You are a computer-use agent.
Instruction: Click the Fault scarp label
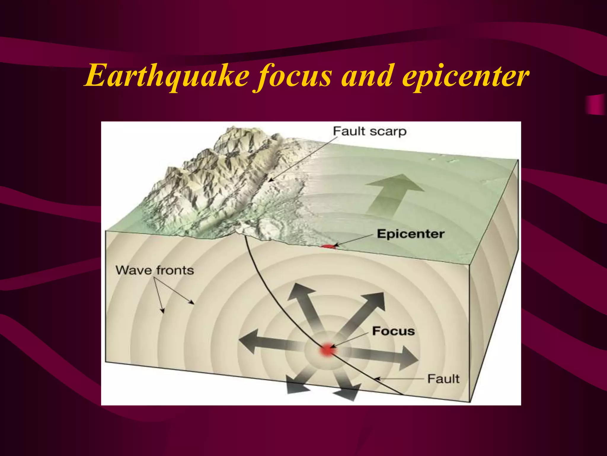370,131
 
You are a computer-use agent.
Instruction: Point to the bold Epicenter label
410,234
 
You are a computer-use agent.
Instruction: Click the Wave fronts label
155,270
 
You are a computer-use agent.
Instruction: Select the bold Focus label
393,331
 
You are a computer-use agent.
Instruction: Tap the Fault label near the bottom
443,379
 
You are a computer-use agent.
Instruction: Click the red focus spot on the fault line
327,350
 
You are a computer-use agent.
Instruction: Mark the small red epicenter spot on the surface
328,246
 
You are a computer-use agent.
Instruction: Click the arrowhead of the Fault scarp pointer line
269,180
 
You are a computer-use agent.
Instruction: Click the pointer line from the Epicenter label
354,240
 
